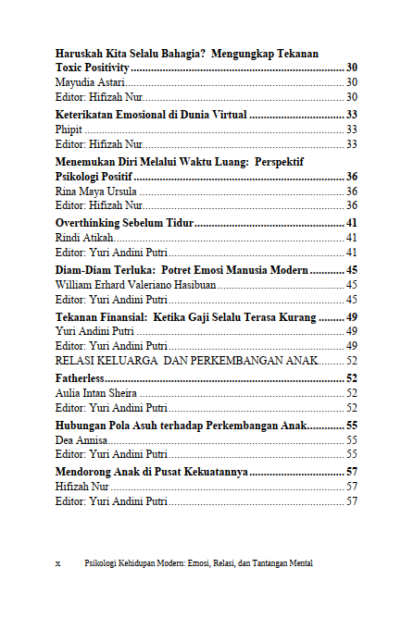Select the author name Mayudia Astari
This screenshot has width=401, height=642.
tap(90, 83)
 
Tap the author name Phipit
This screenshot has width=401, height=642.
tap(69, 130)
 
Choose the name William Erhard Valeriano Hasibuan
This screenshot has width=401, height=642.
tap(135, 285)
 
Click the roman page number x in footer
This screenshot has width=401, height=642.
tap(58, 562)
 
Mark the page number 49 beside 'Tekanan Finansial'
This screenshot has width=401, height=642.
tap(351, 316)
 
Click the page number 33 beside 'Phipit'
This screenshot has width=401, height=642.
tap(351, 130)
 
